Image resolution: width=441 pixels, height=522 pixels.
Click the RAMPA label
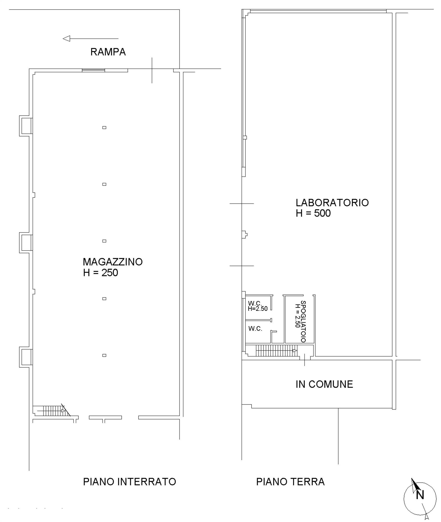(x=108, y=52)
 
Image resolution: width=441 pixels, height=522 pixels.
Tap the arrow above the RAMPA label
(x=91, y=39)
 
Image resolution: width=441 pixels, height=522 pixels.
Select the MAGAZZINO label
(x=113, y=262)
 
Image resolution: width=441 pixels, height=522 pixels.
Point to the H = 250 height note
(x=100, y=273)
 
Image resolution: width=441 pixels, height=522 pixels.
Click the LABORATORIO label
(x=332, y=203)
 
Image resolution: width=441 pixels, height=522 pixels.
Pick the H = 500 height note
(x=313, y=213)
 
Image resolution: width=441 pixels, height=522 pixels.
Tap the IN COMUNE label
(x=324, y=384)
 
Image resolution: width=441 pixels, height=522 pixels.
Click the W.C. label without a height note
(x=255, y=329)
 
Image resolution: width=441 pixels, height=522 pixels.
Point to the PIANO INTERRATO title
(x=129, y=482)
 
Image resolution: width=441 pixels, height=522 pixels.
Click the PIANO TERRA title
(x=290, y=482)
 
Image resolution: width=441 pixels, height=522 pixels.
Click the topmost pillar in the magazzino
(x=104, y=128)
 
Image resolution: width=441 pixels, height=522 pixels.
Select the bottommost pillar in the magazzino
(x=104, y=355)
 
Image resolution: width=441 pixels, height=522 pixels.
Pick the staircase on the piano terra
(x=277, y=351)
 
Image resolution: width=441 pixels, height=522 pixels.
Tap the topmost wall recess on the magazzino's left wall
(x=26, y=126)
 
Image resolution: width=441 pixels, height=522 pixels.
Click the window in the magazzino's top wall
(x=93, y=70)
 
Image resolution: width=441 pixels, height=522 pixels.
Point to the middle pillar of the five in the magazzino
(x=104, y=241)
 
